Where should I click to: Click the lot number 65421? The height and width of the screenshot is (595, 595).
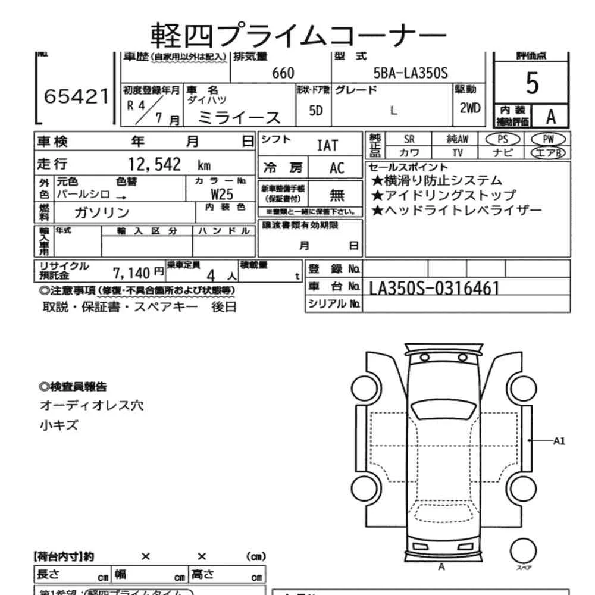pyautogui.click(x=77, y=96)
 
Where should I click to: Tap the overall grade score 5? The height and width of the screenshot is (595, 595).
pyautogui.click(x=532, y=84)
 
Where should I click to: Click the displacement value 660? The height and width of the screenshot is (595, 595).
pyautogui.click(x=283, y=73)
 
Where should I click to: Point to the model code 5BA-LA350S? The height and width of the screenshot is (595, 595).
pyautogui.click(x=410, y=73)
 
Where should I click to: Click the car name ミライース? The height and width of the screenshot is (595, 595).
pyautogui.click(x=239, y=117)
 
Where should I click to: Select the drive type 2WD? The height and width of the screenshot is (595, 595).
pyautogui.click(x=469, y=109)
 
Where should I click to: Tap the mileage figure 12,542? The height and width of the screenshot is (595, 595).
pyautogui.click(x=154, y=165)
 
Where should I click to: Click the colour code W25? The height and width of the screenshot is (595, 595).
pyautogui.click(x=222, y=194)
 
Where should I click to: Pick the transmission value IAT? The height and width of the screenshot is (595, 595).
pyautogui.click(x=327, y=145)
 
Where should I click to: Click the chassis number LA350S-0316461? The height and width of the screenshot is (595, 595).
pyautogui.click(x=434, y=288)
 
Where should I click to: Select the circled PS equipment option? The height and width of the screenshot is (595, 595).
pyautogui.click(x=503, y=139)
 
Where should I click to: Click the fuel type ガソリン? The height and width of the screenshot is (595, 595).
pyautogui.click(x=102, y=212)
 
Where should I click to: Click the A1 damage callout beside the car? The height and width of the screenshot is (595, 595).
pyautogui.click(x=559, y=441)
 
